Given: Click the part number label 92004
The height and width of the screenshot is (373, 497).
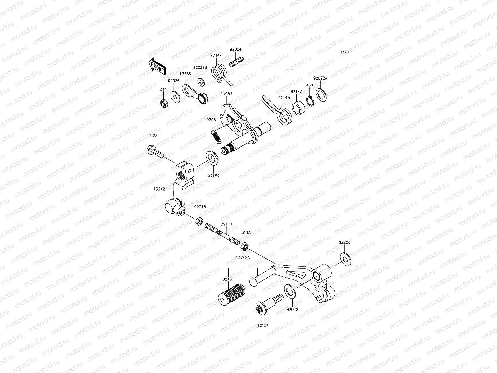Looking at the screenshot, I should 235,49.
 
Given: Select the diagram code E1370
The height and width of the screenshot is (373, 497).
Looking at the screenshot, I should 343,52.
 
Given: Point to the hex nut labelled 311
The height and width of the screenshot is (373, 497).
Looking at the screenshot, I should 164,104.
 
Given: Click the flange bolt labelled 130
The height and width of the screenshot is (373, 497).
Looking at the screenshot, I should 154,153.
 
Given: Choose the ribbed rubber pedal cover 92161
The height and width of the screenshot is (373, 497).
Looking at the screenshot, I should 232,292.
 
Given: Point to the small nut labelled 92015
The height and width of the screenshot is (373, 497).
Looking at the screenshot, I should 199,221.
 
